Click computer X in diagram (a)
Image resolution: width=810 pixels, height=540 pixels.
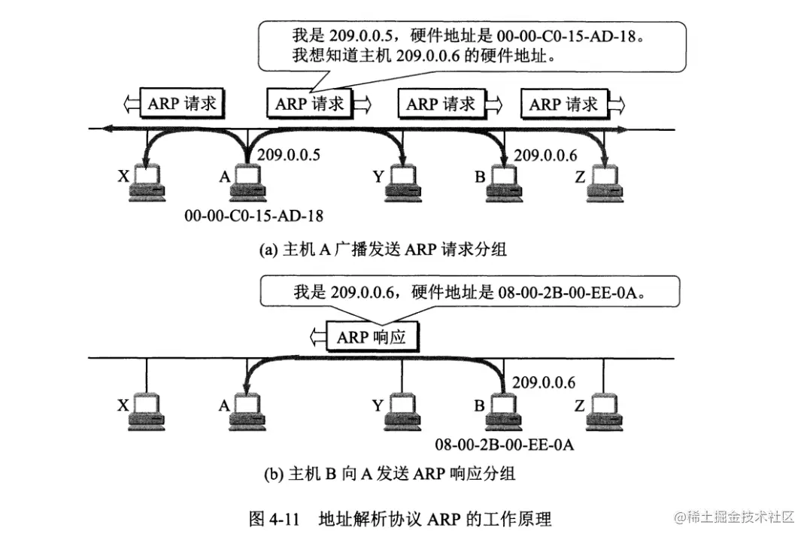click(147, 183)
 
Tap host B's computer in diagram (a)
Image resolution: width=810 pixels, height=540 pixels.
click(502, 183)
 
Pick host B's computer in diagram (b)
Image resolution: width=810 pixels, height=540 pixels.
click(502, 411)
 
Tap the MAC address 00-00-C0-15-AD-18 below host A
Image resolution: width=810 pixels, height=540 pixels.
click(254, 216)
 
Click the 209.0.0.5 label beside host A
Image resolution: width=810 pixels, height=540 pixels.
click(289, 156)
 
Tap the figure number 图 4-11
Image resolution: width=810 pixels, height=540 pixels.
click(275, 519)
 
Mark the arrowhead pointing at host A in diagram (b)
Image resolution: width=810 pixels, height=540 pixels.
click(242, 392)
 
